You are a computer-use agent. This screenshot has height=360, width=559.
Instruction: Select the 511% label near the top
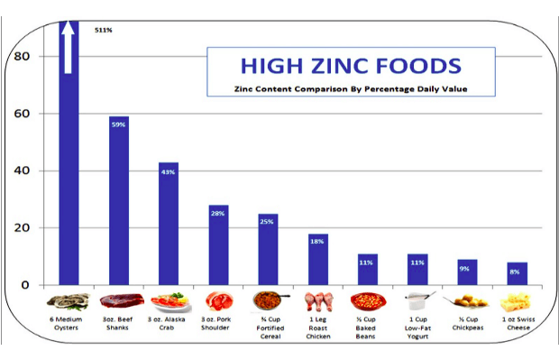coord(104,30)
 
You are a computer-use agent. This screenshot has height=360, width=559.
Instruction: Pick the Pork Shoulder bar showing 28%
coord(218,245)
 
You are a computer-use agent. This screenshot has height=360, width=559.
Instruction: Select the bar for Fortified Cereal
coord(268,249)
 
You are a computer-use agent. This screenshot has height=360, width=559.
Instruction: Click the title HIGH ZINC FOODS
coord(350,66)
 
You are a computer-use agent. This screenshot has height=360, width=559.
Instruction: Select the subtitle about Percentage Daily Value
coord(350,89)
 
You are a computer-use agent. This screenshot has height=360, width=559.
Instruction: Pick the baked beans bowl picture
coord(368,300)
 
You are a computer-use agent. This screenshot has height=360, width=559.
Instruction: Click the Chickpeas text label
coord(468,326)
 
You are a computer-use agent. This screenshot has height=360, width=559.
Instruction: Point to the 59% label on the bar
coord(118,125)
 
